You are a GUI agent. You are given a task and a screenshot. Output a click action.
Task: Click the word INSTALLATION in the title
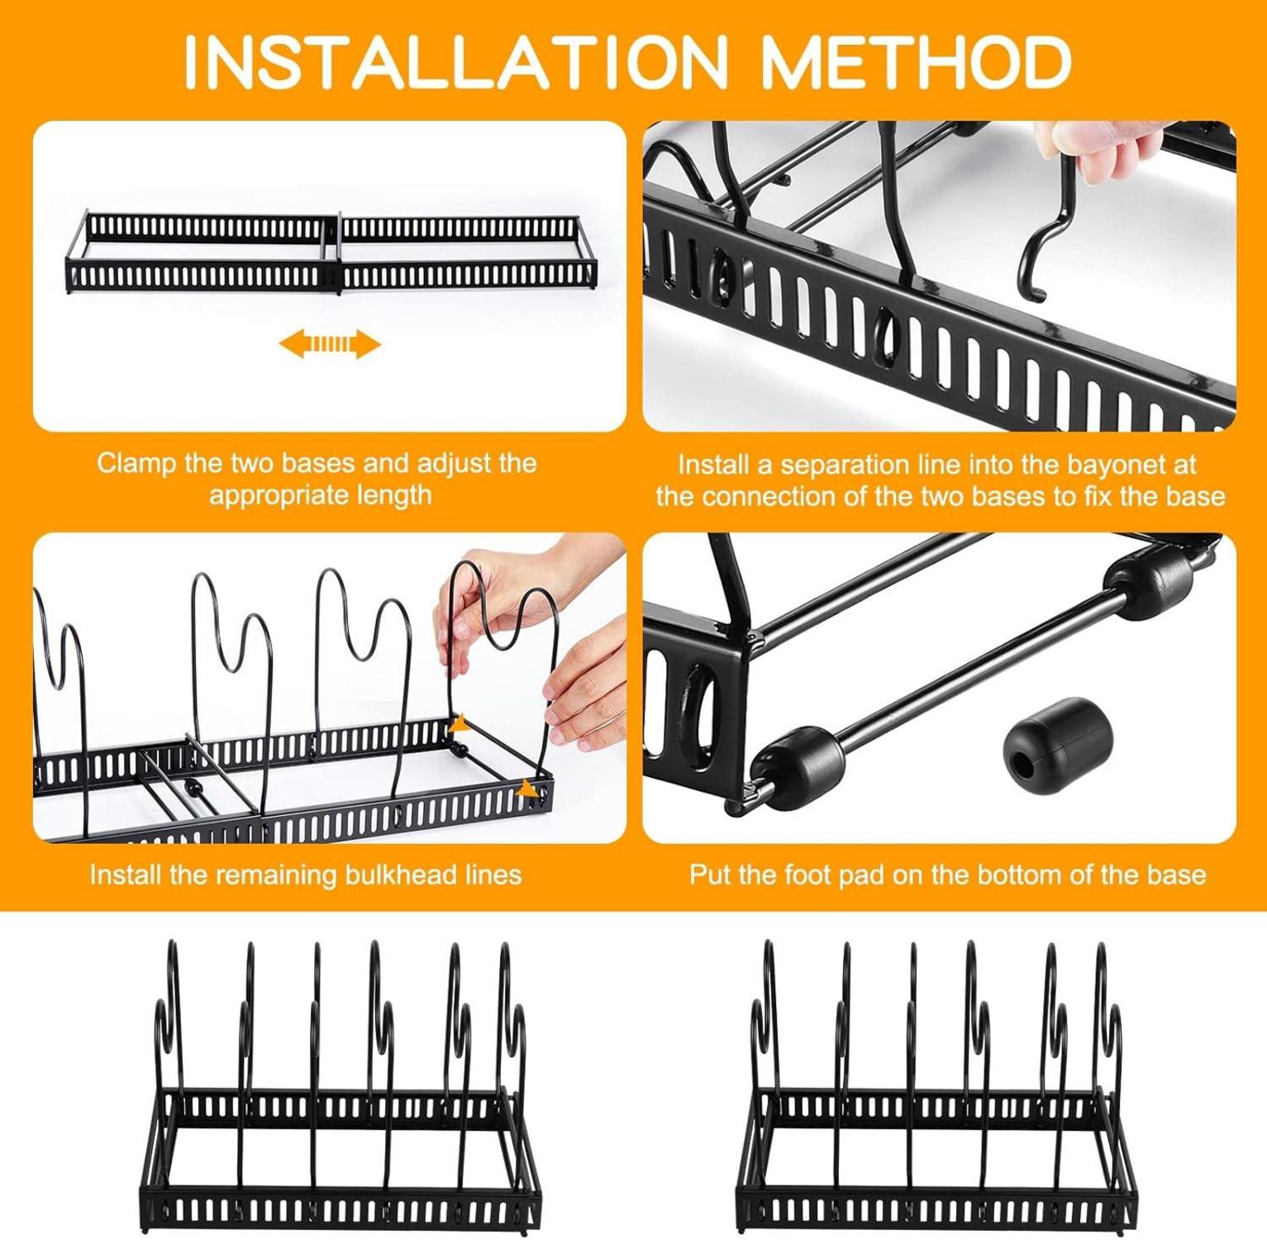click(454, 62)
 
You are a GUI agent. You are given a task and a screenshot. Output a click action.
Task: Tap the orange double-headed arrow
click(330, 344)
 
